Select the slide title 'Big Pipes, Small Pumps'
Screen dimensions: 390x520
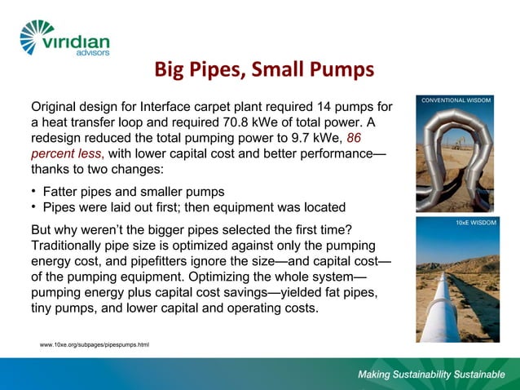(x=264, y=71)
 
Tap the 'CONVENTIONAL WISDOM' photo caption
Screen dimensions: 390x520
(x=456, y=100)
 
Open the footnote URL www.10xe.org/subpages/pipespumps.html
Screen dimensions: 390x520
(x=95, y=345)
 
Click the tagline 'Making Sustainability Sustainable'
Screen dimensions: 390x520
(x=431, y=375)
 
